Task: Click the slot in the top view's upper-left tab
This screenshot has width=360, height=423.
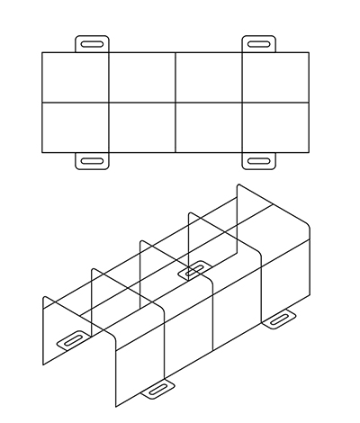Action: [92, 43]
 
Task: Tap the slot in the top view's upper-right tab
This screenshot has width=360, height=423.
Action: [259, 43]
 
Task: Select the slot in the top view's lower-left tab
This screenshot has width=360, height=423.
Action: [92, 161]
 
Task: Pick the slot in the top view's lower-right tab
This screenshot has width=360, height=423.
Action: [259, 161]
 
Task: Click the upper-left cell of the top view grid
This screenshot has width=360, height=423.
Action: [76, 77]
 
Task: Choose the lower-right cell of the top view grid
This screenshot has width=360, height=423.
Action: [275, 127]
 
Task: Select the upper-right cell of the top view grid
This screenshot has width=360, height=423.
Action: [275, 77]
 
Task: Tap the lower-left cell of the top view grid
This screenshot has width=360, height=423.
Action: [76, 127]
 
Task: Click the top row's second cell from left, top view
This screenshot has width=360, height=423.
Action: [142, 77]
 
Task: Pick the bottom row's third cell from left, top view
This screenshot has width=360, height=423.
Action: [209, 127]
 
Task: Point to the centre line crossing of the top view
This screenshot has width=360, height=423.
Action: [175, 103]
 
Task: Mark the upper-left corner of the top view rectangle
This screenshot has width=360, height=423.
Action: [42, 52]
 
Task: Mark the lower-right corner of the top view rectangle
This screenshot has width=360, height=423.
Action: [309, 152]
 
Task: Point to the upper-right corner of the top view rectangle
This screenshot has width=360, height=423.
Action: [309, 52]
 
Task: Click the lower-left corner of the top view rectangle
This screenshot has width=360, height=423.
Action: [42, 152]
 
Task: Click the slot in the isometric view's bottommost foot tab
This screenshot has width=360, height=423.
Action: [158, 389]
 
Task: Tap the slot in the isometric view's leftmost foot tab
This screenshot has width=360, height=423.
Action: [72, 339]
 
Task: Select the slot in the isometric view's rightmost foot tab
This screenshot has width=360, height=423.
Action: [279, 317]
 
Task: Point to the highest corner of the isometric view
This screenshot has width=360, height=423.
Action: [238, 184]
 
